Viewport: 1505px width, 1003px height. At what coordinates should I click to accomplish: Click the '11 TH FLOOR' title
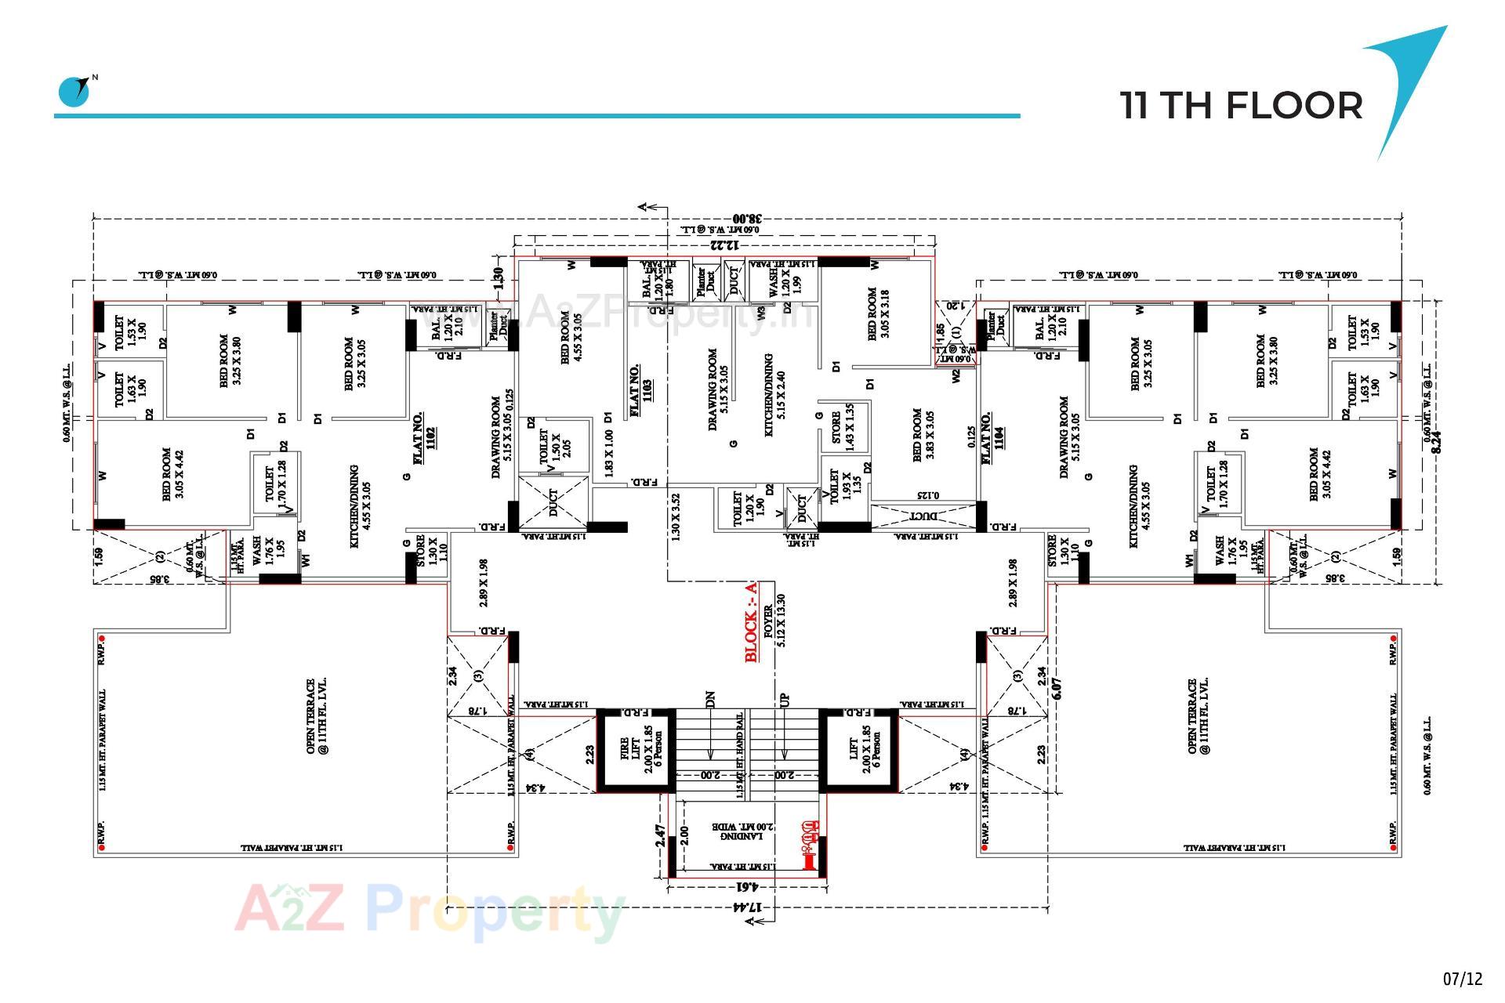(x=1241, y=106)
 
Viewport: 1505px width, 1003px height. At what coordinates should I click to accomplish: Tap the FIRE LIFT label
(x=636, y=750)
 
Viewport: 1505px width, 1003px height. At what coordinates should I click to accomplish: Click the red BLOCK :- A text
(x=752, y=622)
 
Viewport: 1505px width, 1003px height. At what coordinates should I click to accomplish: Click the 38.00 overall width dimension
(x=747, y=219)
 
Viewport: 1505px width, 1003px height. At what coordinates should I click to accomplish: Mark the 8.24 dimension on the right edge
(x=1436, y=439)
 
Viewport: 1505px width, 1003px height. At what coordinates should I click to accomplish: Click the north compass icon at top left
(x=75, y=91)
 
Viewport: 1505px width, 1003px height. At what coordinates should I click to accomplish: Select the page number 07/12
(x=1463, y=979)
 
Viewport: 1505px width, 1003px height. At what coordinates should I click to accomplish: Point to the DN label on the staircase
(x=710, y=698)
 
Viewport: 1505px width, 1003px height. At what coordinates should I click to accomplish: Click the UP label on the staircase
(x=785, y=698)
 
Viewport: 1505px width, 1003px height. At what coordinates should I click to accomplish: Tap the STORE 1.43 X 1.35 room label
(x=842, y=427)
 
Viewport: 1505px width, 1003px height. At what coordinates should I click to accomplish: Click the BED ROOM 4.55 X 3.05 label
(x=571, y=338)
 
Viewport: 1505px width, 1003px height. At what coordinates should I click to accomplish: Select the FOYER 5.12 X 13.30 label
(x=774, y=619)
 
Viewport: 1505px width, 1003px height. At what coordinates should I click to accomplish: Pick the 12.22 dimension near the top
(x=725, y=245)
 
